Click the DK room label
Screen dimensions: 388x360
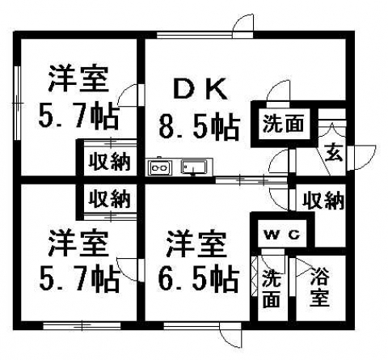[200, 89]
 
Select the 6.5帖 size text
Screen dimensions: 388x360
[199, 279]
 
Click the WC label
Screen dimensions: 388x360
[282, 235]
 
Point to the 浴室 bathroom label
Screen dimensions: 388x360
[319, 287]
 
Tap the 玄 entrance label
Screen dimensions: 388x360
[334, 153]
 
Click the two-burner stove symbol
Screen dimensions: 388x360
[159, 167]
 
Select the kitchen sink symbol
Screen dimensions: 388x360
[194, 167]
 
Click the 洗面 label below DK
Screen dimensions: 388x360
[283, 124]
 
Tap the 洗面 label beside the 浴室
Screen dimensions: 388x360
[272, 289]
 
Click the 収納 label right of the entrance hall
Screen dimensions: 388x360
[323, 201]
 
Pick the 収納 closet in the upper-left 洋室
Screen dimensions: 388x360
[110, 162]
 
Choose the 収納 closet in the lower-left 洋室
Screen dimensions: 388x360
[110, 199]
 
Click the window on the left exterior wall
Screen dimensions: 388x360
[18, 103]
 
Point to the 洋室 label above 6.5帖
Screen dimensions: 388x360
[196, 244]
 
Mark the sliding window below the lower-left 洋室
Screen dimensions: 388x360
[82, 326]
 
